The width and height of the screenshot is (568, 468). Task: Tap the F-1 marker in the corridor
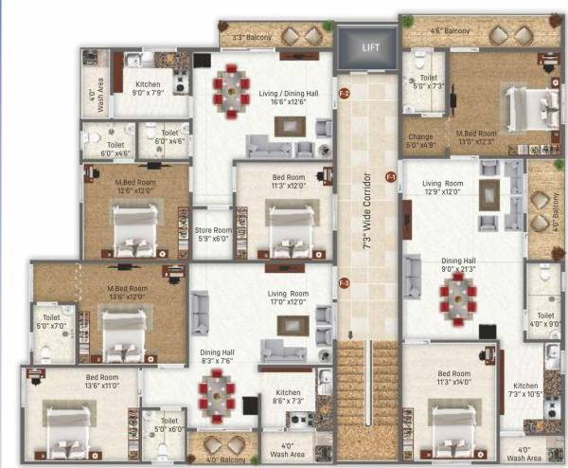[390, 177]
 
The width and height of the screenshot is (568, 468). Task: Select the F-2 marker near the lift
[345, 94]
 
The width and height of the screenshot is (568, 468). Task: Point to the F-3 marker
[345, 283]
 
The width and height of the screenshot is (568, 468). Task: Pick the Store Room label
[213, 234]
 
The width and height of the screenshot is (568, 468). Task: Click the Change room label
[419, 141]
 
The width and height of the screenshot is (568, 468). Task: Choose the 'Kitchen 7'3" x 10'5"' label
[525, 390]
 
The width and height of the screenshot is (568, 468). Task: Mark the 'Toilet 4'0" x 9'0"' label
[545, 319]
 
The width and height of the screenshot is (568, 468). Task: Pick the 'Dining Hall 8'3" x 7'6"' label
[217, 356]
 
